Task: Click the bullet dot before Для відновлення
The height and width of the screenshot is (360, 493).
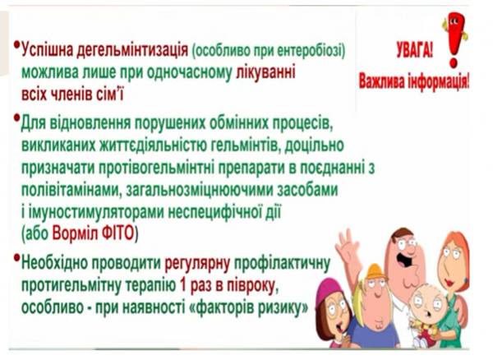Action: (x=17, y=119)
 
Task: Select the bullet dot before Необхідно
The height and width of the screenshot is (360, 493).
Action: (x=17, y=257)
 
